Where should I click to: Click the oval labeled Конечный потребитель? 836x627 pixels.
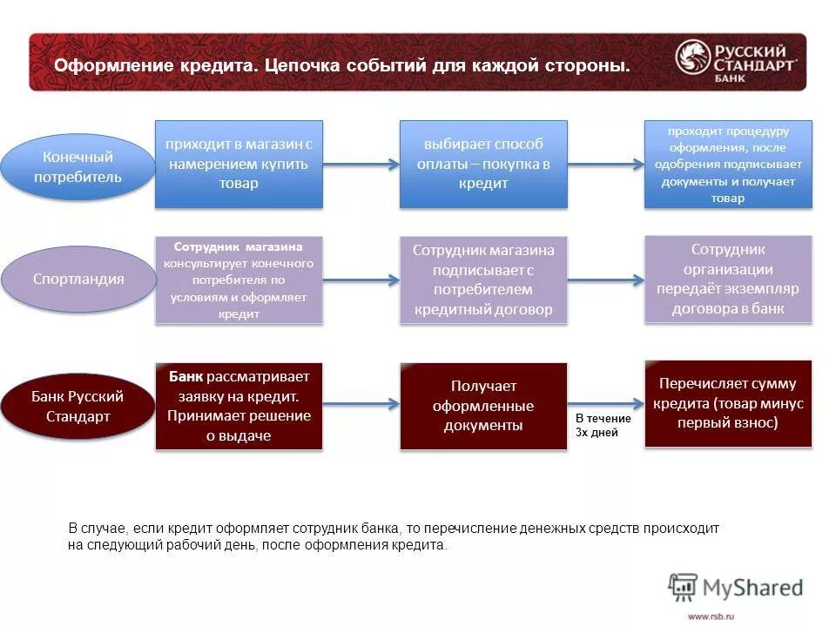tap(78, 167)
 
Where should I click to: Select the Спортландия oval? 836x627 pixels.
tap(78, 280)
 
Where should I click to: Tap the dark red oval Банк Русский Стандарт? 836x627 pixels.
tap(78, 406)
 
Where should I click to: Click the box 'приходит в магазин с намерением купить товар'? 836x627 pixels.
tap(239, 164)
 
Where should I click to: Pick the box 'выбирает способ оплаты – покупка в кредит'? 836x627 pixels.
tap(482, 164)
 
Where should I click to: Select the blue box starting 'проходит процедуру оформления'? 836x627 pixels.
tap(728, 164)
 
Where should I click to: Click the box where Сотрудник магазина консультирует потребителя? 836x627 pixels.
tap(239, 280)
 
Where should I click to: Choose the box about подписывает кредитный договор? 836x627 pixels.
tap(482, 280)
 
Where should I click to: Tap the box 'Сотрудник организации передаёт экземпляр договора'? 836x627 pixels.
tap(728, 279)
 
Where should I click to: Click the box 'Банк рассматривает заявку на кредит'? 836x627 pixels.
tap(239, 406)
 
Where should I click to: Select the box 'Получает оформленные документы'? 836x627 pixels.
tap(482, 406)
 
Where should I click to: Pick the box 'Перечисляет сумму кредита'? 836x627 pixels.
tap(728, 403)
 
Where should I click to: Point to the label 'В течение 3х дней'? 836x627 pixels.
tap(603, 425)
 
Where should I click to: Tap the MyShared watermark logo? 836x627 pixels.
tap(736, 588)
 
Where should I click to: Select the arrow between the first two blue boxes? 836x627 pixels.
tap(361, 164)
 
